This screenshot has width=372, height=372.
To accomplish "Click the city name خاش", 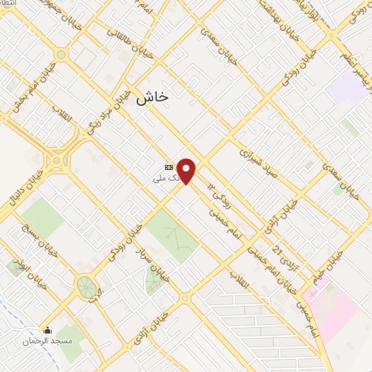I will [152, 96].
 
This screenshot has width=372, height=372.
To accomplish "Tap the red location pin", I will [187, 171].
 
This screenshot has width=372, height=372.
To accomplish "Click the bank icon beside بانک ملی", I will [169, 166].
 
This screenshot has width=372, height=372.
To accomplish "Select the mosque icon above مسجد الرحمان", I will [48, 331].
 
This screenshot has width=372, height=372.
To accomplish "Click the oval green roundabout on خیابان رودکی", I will [86, 286].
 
